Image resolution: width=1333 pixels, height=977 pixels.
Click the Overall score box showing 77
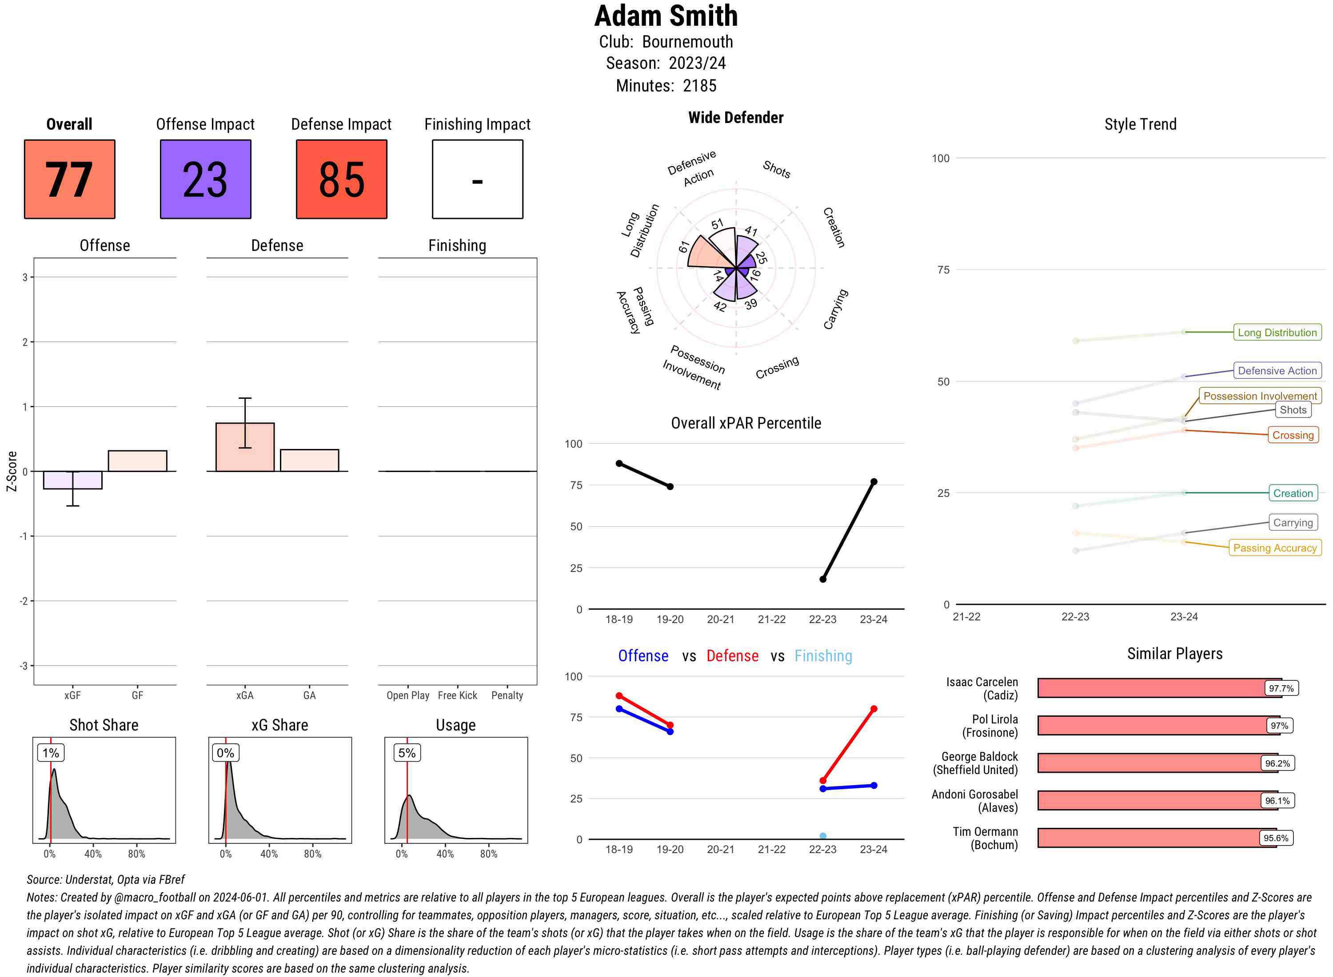[69, 179]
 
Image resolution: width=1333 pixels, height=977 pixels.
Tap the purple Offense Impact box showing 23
[205, 179]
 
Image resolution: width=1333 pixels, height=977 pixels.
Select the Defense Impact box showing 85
[341, 179]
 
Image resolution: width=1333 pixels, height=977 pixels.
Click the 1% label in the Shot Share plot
[51, 753]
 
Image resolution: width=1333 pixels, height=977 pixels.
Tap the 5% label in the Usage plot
[407, 753]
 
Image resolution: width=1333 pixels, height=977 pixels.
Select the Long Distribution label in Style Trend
[1277, 332]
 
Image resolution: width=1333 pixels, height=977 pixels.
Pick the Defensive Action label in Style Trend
[1277, 371]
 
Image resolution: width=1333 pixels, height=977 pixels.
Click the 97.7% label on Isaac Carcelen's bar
[1281, 688]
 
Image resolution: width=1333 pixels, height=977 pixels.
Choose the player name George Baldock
[979, 756]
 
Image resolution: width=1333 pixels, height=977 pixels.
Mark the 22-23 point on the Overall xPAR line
[823, 579]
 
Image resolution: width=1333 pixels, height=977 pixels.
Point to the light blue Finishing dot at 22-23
[823, 836]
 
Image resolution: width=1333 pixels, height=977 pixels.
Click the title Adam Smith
[666, 16]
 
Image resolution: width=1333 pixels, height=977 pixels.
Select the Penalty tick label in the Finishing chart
[507, 695]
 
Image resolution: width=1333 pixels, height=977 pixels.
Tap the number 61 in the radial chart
[684, 246]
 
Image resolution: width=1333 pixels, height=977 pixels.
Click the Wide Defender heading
[735, 118]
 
